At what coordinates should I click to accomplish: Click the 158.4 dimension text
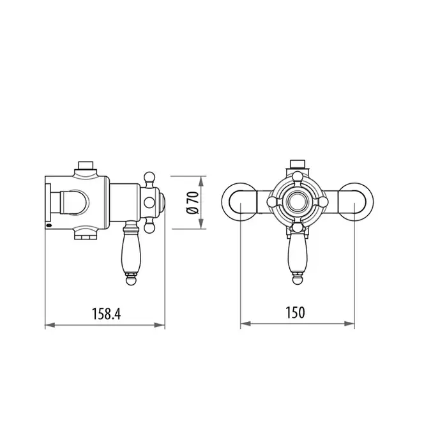[x=107, y=314]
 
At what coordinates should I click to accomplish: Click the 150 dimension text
[x=295, y=312]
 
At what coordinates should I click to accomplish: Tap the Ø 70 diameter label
[x=192, y=202]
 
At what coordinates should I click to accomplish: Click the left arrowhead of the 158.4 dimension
[x=50, y=325]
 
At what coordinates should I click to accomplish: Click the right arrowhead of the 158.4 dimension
[x=160, y=325]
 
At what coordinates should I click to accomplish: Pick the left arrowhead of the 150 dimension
[x=246, y=324]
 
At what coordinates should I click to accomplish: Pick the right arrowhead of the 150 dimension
[x=349, y=324]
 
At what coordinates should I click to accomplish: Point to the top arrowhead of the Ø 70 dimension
[x=202, y=181]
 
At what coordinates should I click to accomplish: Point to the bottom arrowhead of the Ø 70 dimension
[x=202, y=223]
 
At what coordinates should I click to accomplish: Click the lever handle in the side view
[x=131, y=253]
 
